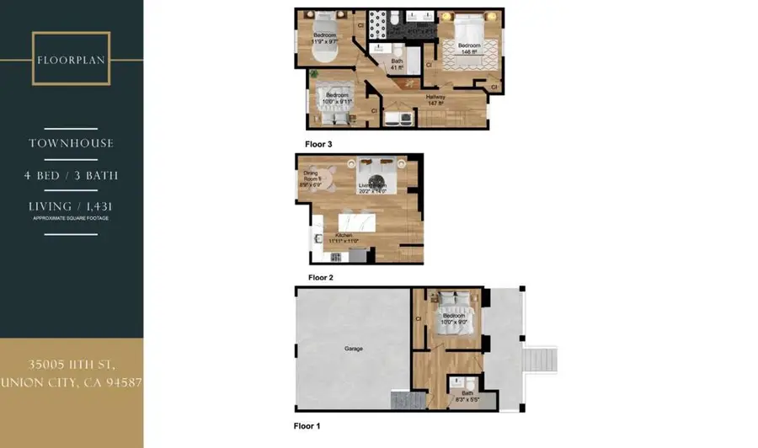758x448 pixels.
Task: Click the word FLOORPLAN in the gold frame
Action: (72, 60)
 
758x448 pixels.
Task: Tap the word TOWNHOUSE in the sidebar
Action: (72, 143)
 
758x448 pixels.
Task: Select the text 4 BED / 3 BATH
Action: (72, 176)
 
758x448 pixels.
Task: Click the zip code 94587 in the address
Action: (120, 382)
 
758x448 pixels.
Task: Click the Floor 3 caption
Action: (318, 144)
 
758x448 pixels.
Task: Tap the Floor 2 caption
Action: (321, 277)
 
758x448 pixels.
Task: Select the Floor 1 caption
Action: (307, 426)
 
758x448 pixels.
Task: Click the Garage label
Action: (354, 348)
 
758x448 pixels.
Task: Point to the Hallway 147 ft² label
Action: (435, 99)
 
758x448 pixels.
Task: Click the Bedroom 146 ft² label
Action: (469, 48)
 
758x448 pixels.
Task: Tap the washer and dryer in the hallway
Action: (398, 119)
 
